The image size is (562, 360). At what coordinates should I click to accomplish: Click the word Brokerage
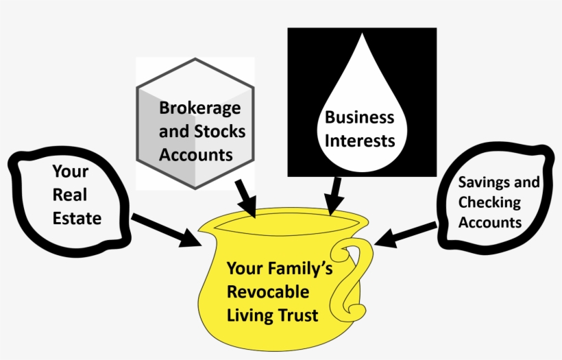[x=200, y=108]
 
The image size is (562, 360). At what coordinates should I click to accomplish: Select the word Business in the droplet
[x=359, y=117]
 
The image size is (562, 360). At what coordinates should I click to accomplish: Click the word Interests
[x=359, y=141]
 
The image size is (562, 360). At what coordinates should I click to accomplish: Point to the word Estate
[x=77, y=219]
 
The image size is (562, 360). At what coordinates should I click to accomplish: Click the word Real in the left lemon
[x=70, y=195]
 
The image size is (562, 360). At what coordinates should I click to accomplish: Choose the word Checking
[x=489, y=202]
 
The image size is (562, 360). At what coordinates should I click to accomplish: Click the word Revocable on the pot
[x=268, y=292]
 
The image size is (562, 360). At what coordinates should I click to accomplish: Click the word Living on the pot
[x=250, y=315]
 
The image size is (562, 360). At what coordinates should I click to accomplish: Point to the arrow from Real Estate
[x=164, y=230]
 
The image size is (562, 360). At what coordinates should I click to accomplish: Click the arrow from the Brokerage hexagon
[x=245, y=197]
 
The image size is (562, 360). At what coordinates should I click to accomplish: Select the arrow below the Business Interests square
[x=334, y=195]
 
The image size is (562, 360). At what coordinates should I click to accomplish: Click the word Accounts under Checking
[x=490, y=222]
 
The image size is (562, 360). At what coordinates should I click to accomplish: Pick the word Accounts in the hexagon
[x=195, y=154]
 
